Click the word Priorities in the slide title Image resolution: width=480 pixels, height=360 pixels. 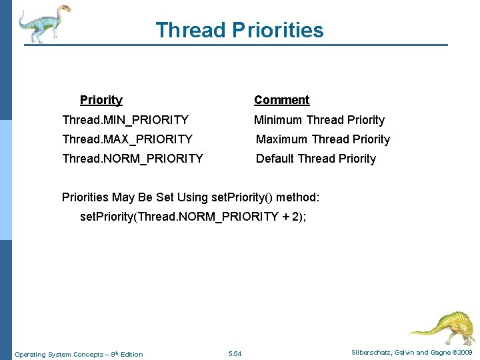click(x=278, y=30)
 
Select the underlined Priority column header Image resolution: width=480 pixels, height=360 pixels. click(x=101, y=100)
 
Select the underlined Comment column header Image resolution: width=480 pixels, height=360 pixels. click(x=281, y=100)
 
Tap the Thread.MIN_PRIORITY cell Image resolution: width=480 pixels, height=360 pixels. click(x=125, y=120)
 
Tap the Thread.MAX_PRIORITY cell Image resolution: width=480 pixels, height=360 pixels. click(x=127, y=139)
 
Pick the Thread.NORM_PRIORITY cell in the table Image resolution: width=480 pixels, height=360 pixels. click(x=132, y=159)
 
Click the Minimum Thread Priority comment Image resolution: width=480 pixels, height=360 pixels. click(x=319, y=120)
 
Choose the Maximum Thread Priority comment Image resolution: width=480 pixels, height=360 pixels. click(x=323, y=139)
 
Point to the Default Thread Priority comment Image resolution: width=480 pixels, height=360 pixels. click(x=316, y=159)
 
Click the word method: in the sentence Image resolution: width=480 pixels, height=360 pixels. click(x=297, y=197)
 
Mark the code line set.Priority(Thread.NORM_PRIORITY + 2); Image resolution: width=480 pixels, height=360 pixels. click(x=193, y=217)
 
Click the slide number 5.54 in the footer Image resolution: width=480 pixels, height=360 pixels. click(x=235, y=353)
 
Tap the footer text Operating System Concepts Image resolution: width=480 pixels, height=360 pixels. click(x=59, y=354)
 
